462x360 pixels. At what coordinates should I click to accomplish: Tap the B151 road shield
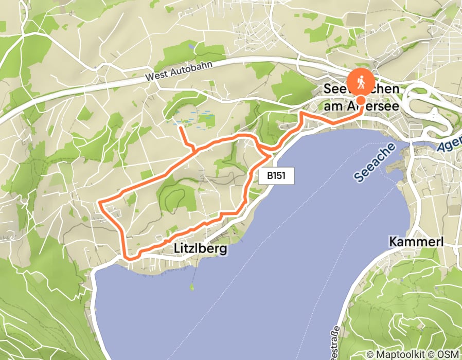(277, 176)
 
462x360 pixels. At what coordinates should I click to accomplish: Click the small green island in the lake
(192, 286)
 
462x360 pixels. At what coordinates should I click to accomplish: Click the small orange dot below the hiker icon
(361, 100)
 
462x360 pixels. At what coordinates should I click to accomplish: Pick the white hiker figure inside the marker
(361, 81)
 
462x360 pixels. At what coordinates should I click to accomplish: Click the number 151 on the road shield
(280, 176)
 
